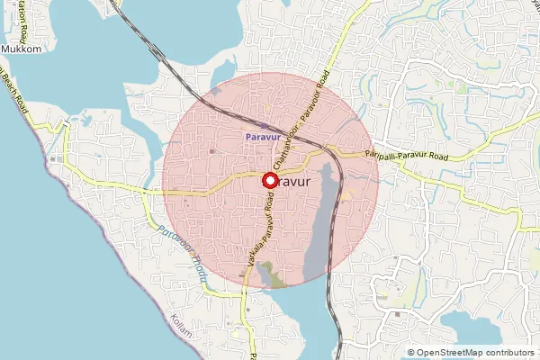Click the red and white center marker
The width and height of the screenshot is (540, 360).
(x=269, y=180)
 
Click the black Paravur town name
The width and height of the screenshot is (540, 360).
(x=297, y=181)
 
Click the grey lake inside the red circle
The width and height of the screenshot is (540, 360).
(x=319, y=234)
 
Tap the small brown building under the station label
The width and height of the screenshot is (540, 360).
(x=212, y=150)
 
